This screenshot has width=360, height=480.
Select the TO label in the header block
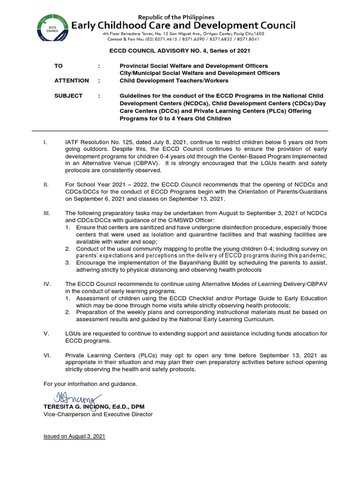tap(58, 66)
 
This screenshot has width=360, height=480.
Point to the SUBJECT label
tap(68, 96)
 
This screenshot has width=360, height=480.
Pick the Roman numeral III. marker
tap(46, 213)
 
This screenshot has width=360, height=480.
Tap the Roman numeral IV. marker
tap(47, 284)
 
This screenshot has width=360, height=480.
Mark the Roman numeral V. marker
tap(46, 333)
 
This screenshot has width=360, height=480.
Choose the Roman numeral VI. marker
tap(47, 355)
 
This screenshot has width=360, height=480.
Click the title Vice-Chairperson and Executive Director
tap(97, 414)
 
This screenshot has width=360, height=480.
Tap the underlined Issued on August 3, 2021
tap(74, 436)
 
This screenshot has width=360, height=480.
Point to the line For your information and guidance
tap(90, 384)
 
